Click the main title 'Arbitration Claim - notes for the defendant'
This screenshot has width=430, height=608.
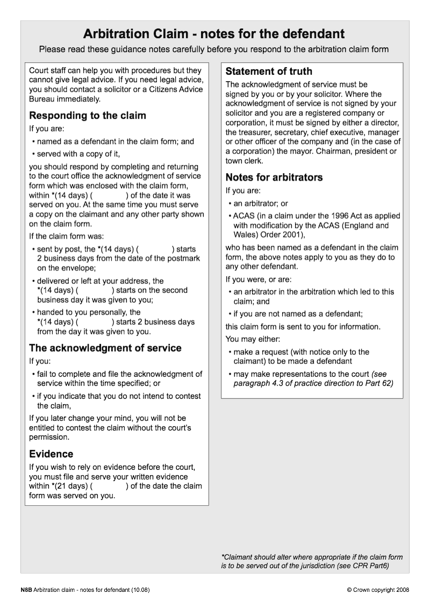point(214,34)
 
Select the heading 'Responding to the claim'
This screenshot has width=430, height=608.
point(88,116)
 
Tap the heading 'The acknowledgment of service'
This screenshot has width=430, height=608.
point(105,348)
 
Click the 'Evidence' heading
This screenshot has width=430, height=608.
point(51,454)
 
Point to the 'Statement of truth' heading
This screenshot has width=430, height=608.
point(269,71)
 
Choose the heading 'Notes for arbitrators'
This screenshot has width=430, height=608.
point(274,177)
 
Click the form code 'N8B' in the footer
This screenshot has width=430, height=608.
point(26,590)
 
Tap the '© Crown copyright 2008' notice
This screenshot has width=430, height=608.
point(378,590)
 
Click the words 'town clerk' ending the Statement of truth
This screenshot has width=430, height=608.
point(245,161)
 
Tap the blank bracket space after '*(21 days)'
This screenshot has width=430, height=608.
point(109,486)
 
